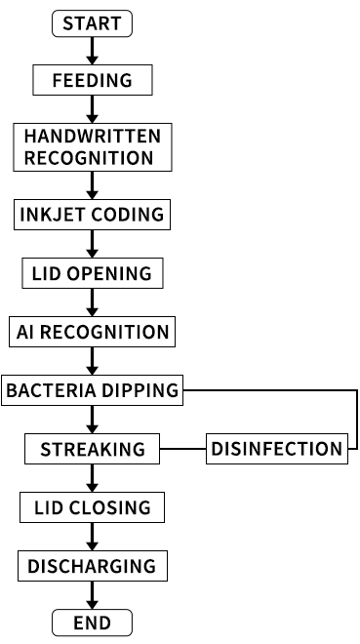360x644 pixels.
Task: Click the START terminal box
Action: point(92,23)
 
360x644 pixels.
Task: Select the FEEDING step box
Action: point(93,80)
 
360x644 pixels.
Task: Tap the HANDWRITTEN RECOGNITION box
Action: point(93,146)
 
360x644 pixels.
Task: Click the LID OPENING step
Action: point(93,273)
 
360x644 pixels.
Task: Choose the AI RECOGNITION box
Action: point(93,332)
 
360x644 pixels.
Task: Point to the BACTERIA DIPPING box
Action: point(93,390)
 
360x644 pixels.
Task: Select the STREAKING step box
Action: point(93,449)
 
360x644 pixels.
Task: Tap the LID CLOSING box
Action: point(93,507)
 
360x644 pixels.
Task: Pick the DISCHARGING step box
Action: point(92,566)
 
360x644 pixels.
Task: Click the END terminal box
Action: point(93,623)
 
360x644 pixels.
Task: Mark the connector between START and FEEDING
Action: point(93,51)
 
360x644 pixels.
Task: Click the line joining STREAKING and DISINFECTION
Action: point(182,449)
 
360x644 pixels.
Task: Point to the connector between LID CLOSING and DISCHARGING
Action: point(93,537)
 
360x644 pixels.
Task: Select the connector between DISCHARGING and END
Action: point(93,595)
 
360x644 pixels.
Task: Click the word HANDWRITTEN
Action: point(92,136)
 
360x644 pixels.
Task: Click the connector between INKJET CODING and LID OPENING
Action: point(93,244)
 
